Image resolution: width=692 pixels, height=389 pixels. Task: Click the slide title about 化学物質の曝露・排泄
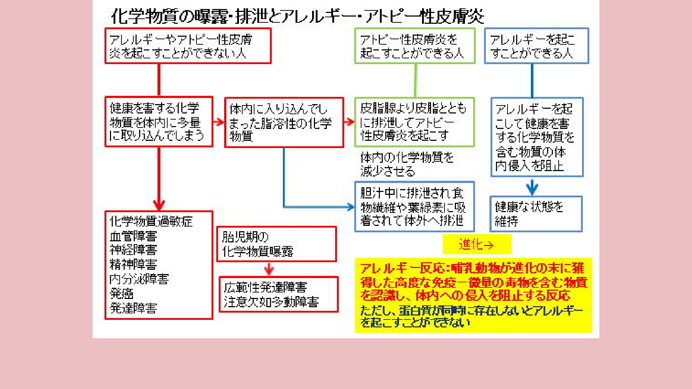[x=297, y=16]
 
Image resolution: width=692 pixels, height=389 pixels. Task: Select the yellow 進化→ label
[x=476, y=245]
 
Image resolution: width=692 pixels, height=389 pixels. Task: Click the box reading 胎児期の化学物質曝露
[x=276, y=244]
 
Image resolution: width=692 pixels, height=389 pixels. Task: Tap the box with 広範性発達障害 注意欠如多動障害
[x=279, y=294]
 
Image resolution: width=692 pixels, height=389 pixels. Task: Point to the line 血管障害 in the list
[x=133, y=236]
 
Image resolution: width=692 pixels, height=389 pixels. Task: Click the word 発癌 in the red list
[x=122, y=294]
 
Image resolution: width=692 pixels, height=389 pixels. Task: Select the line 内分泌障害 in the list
[x=139, y=279]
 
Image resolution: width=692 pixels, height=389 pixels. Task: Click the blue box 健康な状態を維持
[x=536, y=214]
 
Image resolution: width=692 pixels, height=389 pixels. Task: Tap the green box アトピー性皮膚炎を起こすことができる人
[x=414, y=46]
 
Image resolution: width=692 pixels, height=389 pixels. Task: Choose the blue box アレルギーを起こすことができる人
[x=536, y=46]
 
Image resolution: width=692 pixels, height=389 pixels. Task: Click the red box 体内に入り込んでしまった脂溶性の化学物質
[x=284, y=122]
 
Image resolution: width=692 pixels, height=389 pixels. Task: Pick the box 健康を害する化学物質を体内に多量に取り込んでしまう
[x=159, y=121]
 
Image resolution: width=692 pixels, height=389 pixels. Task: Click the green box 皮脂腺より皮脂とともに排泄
[x=414, y=122]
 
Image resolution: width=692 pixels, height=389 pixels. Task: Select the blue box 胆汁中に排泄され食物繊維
[x=414, y=206]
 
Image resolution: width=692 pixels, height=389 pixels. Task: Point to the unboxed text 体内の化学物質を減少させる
[x=407, y=164]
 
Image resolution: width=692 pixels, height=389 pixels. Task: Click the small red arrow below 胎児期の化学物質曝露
[x=269, y=269]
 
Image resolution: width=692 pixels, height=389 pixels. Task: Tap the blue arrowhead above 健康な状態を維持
[x=532, y=188]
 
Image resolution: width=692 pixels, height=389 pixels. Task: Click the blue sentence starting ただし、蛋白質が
[x=471, y=316]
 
